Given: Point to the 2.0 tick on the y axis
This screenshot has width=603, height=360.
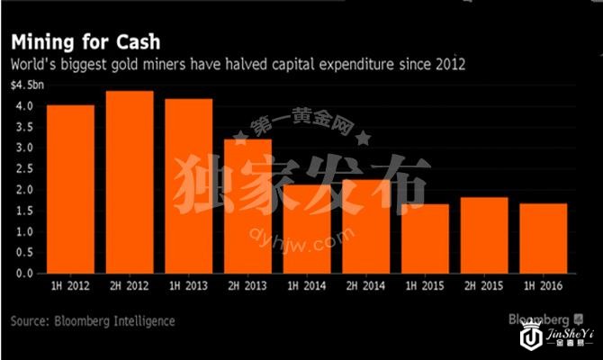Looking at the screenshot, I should pos(24,190).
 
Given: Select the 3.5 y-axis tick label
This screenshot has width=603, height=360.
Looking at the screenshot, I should pos(24,127).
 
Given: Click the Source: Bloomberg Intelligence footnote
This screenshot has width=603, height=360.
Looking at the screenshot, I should pos(93,320).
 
